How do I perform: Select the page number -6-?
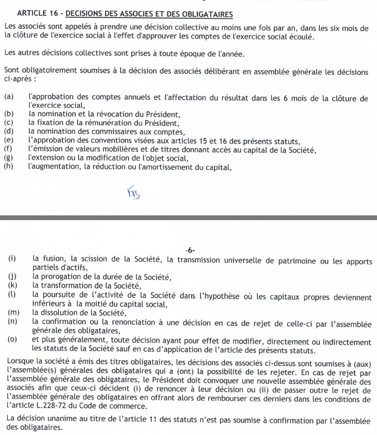pyautogui.click(x=191, y=250)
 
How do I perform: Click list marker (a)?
pyautogui.click(x=9, y=98)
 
